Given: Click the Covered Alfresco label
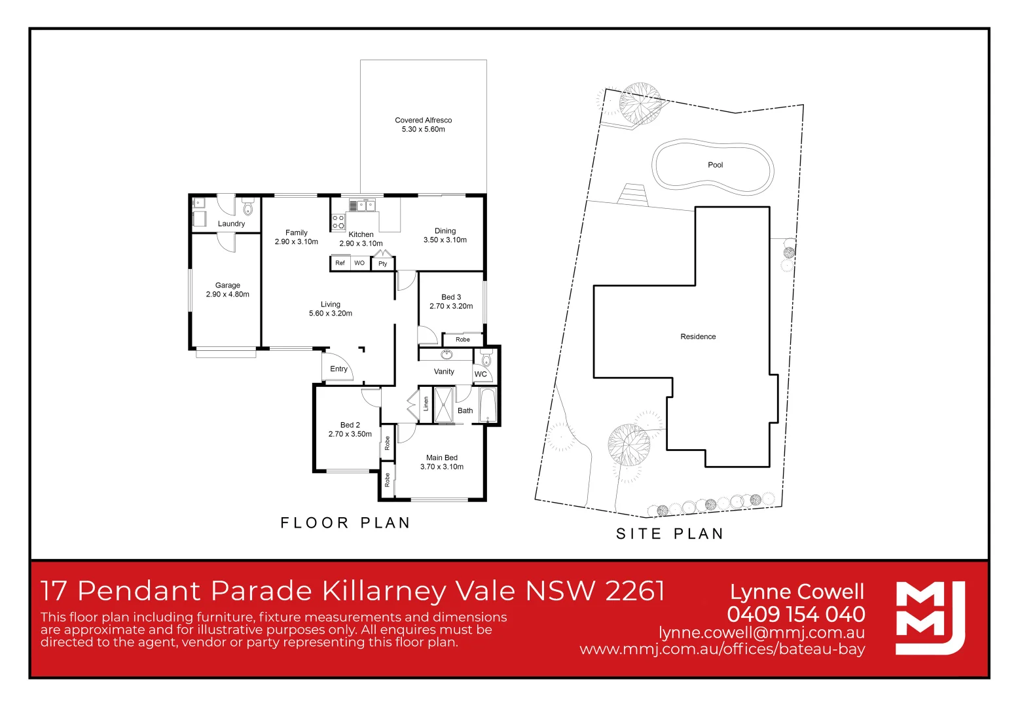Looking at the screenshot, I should click(x=423, y=120).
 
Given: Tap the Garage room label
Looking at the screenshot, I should click(x=227, y=285).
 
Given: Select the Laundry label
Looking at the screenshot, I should click(x=231, y=224).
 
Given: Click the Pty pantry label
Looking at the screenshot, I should click(x=383, y=264).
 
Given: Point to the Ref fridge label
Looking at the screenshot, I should click(x=340, y=263).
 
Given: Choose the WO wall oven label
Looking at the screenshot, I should click(x=359, y=263).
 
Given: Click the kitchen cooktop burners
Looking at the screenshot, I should click(x=338, y=222).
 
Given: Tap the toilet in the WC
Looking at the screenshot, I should click(x=486, y=359).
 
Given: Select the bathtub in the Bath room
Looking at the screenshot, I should click(x=488, y=406).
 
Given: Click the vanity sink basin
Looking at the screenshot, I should click(x=447, y=355).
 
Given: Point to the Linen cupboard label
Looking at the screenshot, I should click(x=426, y=404).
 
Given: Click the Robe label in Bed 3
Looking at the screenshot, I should click(x=463, y=340).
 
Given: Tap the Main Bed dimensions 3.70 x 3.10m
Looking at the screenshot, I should click(x=442, y=467).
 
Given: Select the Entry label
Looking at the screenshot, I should click(x=338, y=369).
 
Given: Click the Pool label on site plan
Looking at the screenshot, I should click(x=715, y=165).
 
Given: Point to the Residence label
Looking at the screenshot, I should click(x=698, y=336).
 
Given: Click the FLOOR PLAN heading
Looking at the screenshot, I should click(x=345, y=523).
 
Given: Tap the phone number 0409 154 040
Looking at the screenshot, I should click(x=795, y=614).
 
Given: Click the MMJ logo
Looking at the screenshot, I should click(x=930, y=617).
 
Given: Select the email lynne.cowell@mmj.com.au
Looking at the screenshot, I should click(x=761, y=633).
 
